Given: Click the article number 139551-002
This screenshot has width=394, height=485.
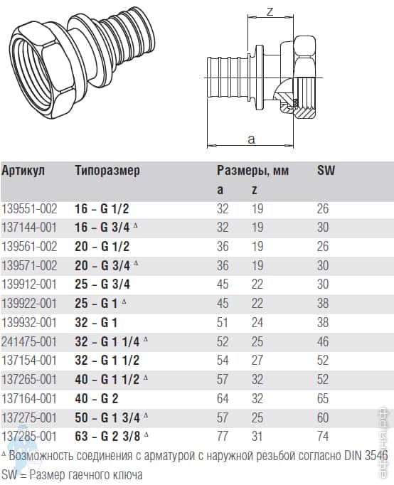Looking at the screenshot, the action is click(29, 209).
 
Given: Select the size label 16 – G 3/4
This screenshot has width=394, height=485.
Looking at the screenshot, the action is click(102, 228).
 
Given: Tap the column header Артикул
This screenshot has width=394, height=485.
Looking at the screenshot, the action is click(23, 171).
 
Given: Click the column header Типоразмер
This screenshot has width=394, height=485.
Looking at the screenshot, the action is click(107, 171).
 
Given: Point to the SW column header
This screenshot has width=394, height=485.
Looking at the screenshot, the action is click(326, 171).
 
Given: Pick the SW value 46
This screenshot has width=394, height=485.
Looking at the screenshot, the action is click(323, 342).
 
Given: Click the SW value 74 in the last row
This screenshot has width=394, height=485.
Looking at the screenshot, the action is click(323, 437).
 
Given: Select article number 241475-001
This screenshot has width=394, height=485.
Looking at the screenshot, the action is click(29, 342).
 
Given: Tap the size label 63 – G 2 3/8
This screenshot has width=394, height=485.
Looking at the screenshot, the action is click(107, 437).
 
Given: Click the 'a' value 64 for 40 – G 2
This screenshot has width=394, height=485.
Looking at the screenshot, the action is click(223, 398).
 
